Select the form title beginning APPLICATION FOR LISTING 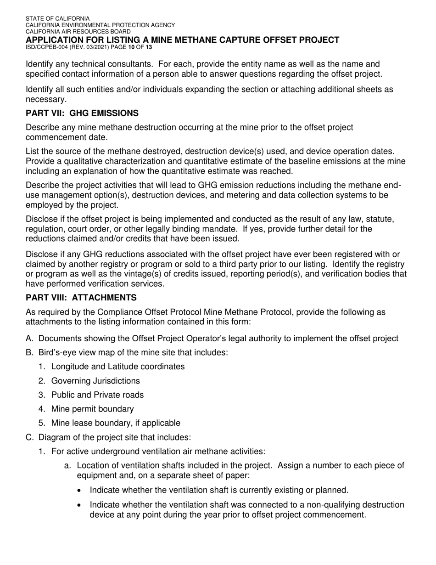point(182,40)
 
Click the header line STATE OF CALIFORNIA point(57,18)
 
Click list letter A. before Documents point(30,339)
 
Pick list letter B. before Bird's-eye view point(30,353)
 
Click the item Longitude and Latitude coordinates point(118,367)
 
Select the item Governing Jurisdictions point(95,381)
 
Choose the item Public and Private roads point(97,395)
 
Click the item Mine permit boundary point(92,409)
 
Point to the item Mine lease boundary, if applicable point(116,423)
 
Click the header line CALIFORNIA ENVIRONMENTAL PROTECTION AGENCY point(100,25)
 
